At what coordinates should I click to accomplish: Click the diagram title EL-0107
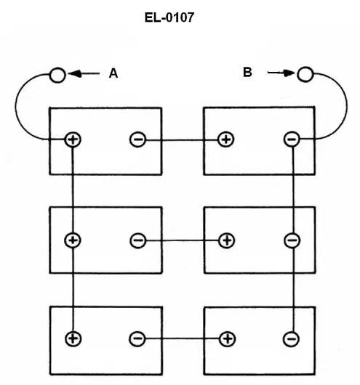pyautogui.click(x=169, y=17)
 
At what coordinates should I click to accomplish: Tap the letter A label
pyautogui.click(x=113, y=73)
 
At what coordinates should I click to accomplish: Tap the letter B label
pyautogui.click(x=247, y=72)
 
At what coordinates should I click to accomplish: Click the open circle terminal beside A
pyautogui.click(x=57, y=75)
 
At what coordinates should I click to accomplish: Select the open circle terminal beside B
pyautogui.click(x=305, y=74)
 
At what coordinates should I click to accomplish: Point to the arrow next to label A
pyautogui.click(x=84, y=73)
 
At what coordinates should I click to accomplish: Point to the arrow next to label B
pyautogui.click(x=281, y=73)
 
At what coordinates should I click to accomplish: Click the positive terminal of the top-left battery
pyautogui.click(x=73, y=139)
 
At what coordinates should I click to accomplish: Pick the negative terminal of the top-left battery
pyautogui.click(x=137, y=139)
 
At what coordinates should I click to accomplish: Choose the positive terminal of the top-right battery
pyautogui.click(x=226, y=139)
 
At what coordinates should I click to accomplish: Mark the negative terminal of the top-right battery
pyautogui.click(x=292, y=139)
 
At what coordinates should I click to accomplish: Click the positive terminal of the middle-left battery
pyautogui.click(x=73, y=240)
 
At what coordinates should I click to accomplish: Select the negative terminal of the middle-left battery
pyautogui.click(x=138, y=240)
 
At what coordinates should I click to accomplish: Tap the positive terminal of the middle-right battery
pyautogui.click(x=226, y=240)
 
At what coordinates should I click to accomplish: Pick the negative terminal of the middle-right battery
pyautogui.click(x=292, y=240)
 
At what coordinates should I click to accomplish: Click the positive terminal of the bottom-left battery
pyautogui.click(x=73, y=339)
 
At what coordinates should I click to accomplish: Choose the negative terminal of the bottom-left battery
pyautogui.click(x=137, y=339)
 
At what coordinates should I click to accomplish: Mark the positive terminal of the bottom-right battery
pyautogui.click(x=227, y=339)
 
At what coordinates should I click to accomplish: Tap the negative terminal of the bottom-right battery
pyautogui.click(x=292, y=339)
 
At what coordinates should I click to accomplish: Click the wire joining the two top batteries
pyautogui.click(x=182, y=140)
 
